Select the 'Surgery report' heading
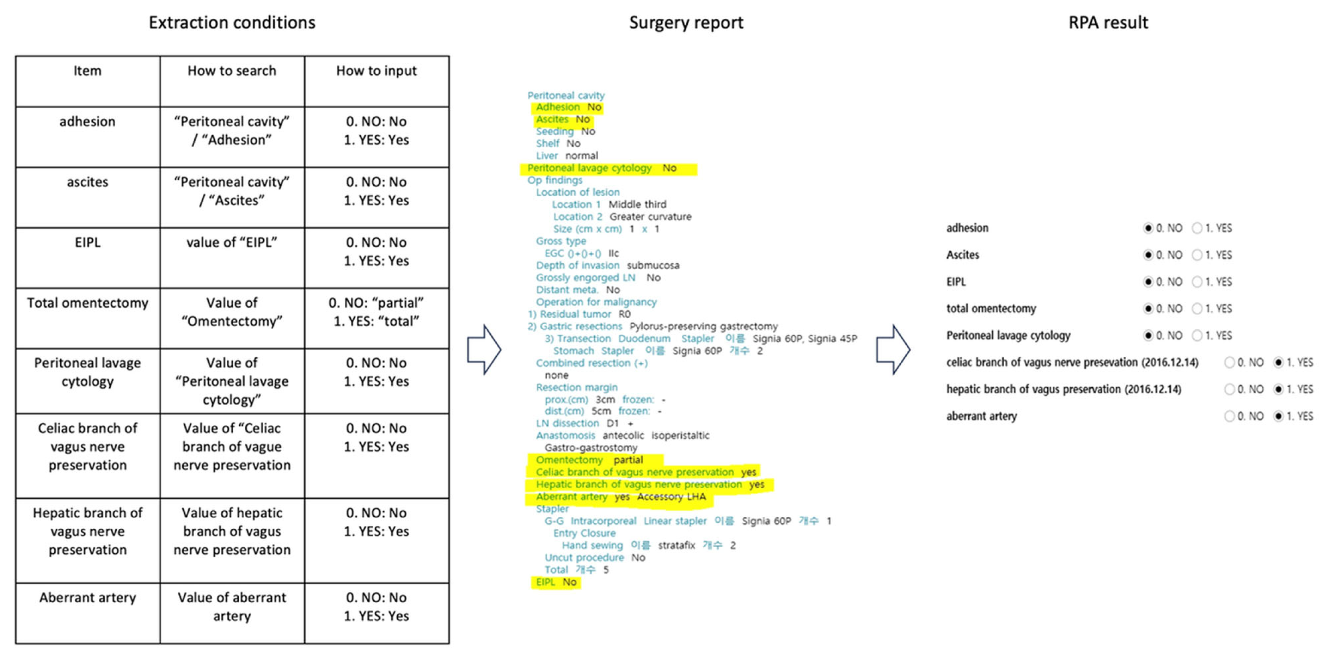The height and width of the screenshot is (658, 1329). coord(686,23)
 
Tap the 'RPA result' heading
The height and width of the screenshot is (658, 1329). coord(1108,23)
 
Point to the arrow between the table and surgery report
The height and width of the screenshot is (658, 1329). coord(484,350)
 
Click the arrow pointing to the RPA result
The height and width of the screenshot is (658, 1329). coord(893,350)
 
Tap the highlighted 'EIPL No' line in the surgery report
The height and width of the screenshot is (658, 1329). coord(556,582)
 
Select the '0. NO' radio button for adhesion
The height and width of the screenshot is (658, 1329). coord(1148,228)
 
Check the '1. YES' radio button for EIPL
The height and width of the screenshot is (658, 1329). coord(1197,282)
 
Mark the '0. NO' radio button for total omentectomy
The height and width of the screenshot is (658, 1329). coord(1148,308)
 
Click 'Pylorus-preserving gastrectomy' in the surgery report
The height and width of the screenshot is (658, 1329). coord(703,326)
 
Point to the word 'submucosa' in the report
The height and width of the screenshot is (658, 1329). coord(653,266)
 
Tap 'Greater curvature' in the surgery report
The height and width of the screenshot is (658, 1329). coord(650,217)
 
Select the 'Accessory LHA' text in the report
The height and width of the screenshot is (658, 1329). coord(671,497)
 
